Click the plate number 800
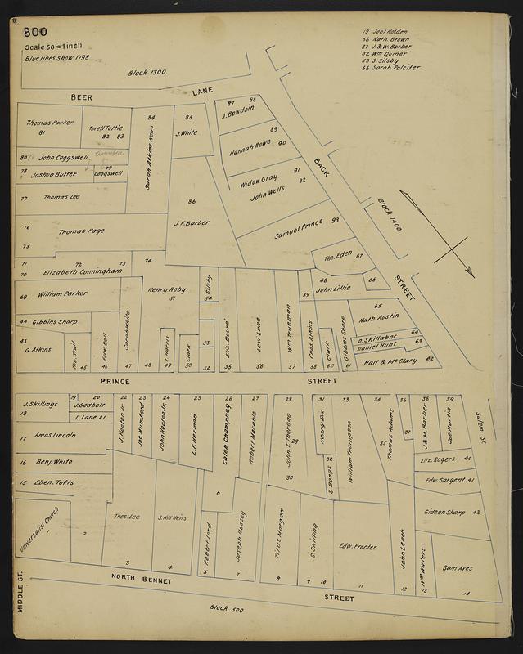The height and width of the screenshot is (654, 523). click(36, 34)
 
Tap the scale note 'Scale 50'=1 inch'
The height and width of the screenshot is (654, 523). click(51, 48)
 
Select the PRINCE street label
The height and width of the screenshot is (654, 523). click(115, 381)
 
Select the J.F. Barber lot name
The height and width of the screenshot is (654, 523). click(192, 222)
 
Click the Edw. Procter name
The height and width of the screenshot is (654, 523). click(357, 546)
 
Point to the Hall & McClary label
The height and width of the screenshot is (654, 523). click(390, 361)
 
